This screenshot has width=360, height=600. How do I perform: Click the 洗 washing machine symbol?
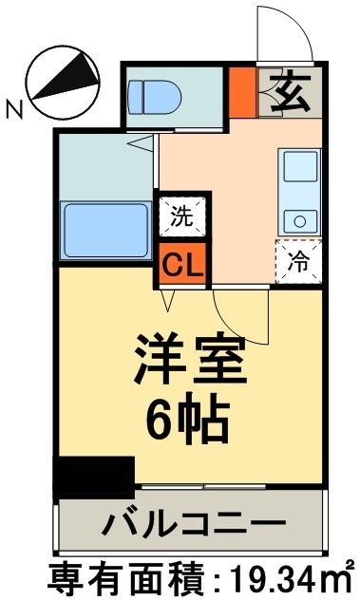point(181,215)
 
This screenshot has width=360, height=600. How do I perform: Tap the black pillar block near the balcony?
point(93,475)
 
